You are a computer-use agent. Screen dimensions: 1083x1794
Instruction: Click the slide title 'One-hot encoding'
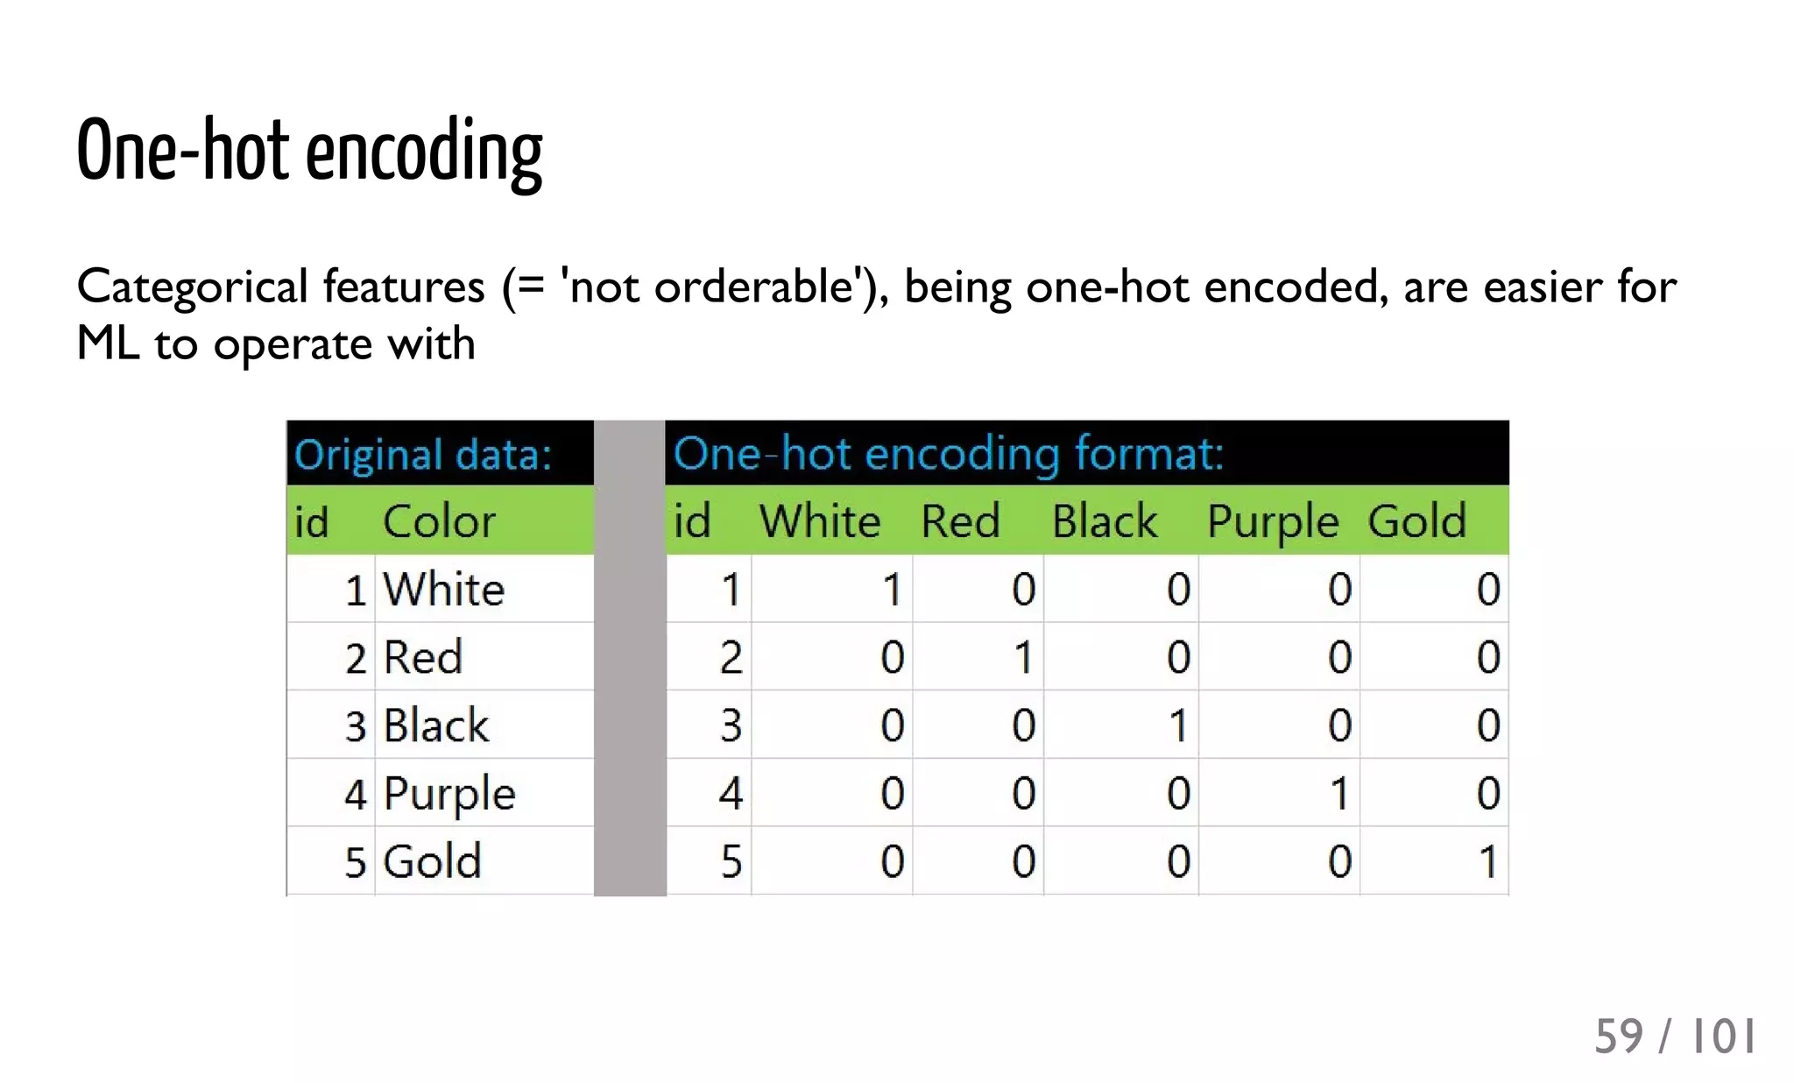click(309, 152)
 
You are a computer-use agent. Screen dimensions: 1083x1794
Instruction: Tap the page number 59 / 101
click(1674, 1037)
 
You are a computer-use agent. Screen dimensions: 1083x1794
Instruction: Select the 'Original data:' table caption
click(422, 455)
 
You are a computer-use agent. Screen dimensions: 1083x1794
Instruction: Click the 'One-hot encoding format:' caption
click(948, 454)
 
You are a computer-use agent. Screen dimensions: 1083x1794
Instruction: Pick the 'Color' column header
click(439, 521)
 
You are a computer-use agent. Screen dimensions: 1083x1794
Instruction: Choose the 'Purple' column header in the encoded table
click(1272, 522)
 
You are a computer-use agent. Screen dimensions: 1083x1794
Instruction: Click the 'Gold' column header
click(1416, 521)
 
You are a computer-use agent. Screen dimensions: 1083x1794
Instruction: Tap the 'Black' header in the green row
click(1105, 521)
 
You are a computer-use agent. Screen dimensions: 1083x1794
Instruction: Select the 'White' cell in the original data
click(444, 589)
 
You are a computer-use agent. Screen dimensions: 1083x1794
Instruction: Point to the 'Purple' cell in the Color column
click(449, 794)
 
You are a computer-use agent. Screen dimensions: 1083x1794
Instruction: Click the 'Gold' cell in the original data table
click(433, 861)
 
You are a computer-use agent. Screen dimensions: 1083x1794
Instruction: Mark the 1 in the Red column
click(1022, 657)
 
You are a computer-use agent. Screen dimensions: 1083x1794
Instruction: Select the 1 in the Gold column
click(1487, 861)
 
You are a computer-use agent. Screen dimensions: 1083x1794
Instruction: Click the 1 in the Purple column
click(1338, 794)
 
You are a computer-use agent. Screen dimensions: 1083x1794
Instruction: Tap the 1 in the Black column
click(1178, 726)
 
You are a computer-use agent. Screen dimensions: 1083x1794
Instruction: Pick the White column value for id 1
click(892, 589)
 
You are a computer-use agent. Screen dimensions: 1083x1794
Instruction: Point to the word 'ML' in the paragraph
click(108, 343)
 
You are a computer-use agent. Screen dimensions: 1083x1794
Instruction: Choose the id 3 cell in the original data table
click(355, 726)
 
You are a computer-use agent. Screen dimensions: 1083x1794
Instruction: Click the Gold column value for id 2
click(1487, 657)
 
